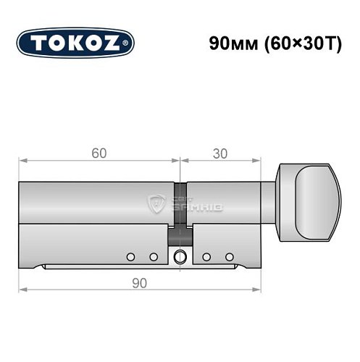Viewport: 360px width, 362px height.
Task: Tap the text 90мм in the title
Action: [227, 42]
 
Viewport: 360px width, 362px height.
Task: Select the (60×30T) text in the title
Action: [295, 42]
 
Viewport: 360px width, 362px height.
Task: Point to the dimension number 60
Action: [99, 153]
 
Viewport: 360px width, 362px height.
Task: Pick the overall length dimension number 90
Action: [140, 282]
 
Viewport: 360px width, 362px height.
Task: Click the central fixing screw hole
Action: [180, 256]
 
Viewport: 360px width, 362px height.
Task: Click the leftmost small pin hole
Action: [130, 256]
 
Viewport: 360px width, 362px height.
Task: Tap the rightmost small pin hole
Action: [230, 256]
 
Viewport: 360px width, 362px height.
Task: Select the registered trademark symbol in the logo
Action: [128, 43]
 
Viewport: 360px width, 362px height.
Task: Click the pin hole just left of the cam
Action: [153, 256]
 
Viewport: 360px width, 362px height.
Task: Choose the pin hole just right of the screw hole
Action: [207, 256]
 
